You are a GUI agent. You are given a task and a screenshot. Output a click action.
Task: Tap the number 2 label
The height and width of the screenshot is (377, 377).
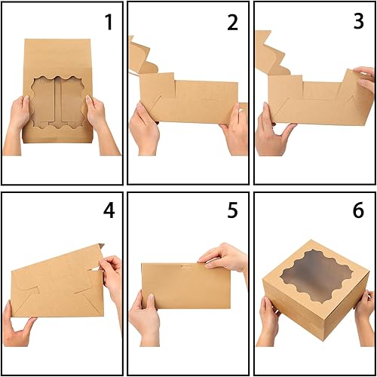pyautogui.click(x=232, y=23)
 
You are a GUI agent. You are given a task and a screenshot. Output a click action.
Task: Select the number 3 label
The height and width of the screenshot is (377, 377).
pyautogui.click(x=358, y=23)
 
